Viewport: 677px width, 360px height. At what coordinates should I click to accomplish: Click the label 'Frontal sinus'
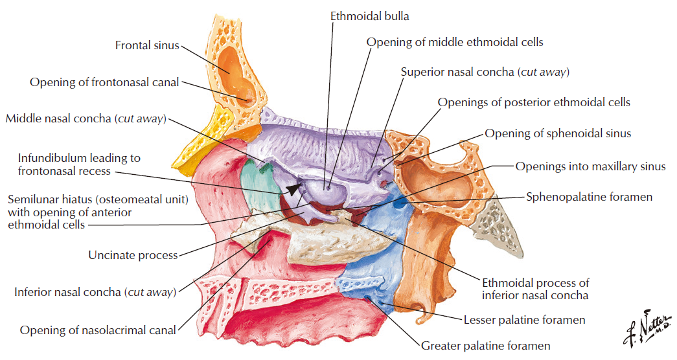(147, 45)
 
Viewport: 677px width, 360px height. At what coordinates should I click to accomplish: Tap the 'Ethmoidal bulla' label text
(369, 16)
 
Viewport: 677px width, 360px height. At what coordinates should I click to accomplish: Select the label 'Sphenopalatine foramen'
(589, 197)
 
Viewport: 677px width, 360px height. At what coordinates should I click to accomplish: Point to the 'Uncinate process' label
(133, 255)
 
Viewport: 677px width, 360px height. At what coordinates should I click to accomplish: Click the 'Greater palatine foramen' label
(486, 346)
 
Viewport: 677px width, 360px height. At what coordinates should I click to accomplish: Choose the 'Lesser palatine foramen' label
(525, 320)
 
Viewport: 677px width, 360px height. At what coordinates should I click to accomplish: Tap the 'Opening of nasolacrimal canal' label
(98, 330)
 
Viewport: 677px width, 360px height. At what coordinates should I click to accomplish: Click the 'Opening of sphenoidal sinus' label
(558, 133)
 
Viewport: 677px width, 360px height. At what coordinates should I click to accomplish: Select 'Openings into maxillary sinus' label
(591, 166)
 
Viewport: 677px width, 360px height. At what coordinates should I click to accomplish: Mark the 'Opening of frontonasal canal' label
(104, 82)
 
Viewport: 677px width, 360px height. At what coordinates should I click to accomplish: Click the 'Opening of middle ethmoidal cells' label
(455, 42)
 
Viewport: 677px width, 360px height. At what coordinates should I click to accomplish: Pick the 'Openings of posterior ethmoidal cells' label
(534, 102)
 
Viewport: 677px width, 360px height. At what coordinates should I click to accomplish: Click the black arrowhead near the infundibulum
(295, 188)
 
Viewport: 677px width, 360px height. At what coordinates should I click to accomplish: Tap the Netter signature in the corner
(647, 329)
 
